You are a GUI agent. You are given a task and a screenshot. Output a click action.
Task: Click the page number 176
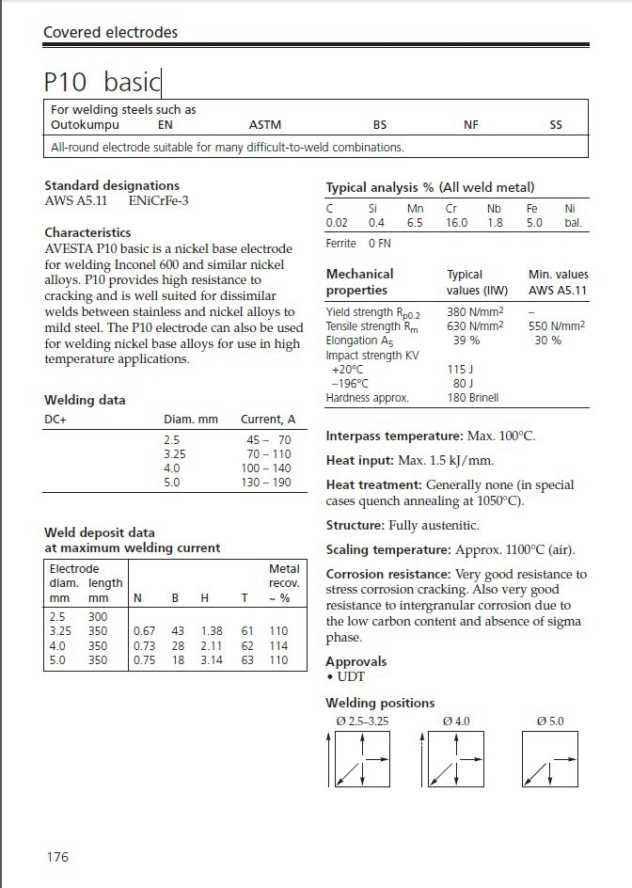56,857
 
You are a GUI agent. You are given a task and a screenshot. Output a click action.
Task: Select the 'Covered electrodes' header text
110,33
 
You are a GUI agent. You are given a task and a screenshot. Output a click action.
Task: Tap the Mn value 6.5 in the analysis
415,223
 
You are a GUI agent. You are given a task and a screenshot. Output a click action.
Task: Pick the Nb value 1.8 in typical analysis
495,223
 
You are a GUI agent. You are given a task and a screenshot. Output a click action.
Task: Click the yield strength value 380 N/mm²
475,311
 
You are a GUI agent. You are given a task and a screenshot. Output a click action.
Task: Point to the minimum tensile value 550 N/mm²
557,325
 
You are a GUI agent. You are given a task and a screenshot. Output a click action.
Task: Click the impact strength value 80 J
463,384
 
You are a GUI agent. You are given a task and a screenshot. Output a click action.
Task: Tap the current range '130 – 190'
267,483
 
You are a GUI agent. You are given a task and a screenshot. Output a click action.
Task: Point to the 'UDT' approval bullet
349,676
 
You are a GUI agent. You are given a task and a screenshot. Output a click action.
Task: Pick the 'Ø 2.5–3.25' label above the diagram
362,721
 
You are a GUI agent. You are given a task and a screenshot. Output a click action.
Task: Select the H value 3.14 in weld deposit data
212,660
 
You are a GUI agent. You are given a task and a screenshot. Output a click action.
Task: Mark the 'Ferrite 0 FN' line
357,244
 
